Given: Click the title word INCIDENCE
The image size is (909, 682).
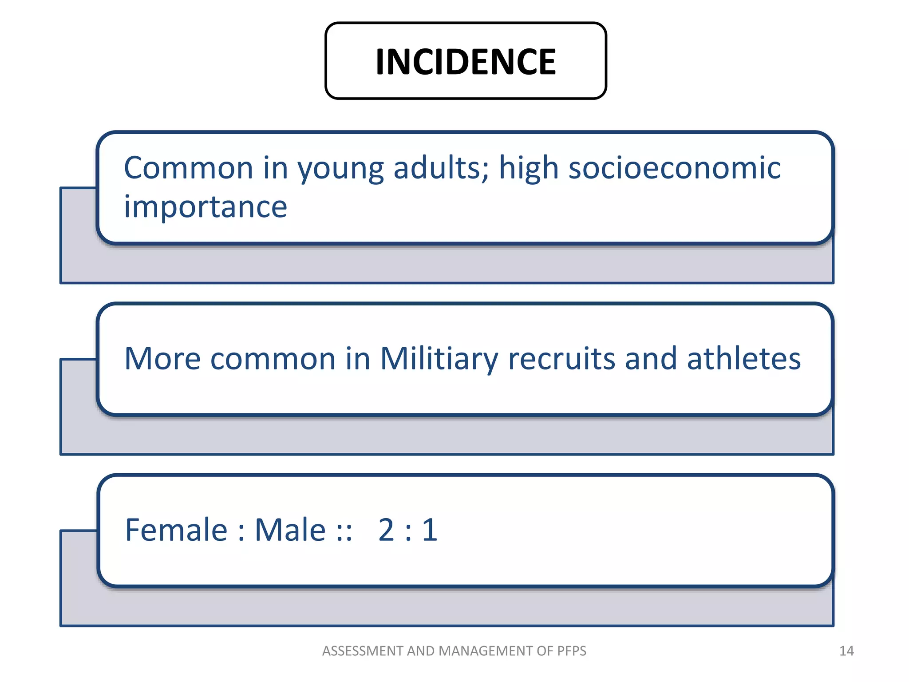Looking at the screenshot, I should click(465, 62).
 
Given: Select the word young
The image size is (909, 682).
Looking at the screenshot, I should click(340, 169).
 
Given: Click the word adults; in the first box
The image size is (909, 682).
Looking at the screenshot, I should click(441, 168).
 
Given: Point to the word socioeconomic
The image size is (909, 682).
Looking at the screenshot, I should click(674, 168).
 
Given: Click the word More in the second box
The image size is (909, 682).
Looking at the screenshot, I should click(162, 358).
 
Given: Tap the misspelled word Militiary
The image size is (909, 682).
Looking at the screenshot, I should click(439, 359).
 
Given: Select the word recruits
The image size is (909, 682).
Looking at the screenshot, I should click(561, 359).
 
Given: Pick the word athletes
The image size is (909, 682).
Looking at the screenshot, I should click(743, 358).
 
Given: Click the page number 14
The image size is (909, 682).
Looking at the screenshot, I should click(846, 651).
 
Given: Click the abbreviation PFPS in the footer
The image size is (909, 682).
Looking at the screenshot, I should click(572, 651).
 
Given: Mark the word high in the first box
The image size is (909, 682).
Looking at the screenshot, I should click(529, 168).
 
